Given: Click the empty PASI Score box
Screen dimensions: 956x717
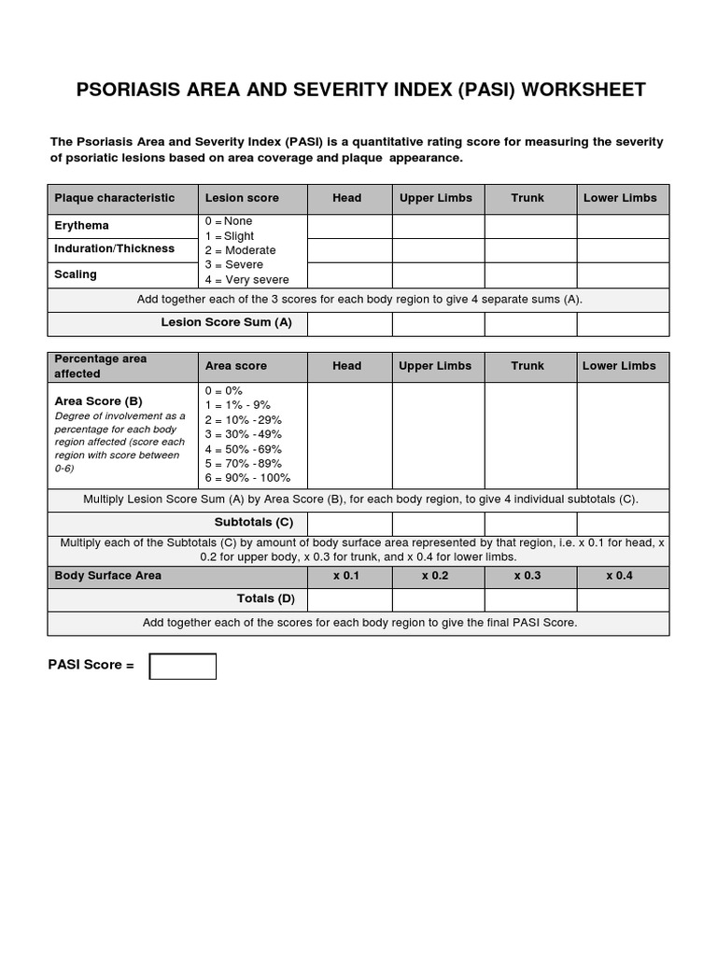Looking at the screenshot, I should [183, 666].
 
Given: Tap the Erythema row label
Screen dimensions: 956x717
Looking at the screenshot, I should [82, 226].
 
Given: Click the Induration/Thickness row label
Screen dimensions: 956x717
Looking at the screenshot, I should [114, 249].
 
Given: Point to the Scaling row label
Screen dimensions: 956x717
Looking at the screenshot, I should [76, 274].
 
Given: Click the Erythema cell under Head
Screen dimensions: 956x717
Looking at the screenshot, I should [349, 227].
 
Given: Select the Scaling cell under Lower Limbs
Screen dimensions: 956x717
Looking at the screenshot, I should [623, 275].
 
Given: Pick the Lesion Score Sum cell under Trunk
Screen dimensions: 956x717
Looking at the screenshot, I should [530, 323].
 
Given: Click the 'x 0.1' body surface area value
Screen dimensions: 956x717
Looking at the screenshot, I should [346, 576].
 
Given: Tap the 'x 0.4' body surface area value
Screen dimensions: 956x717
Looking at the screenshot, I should [620, 576].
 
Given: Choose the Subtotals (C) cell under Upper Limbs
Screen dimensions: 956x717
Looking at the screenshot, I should [438, 524].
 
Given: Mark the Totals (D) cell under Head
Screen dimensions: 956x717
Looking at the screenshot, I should [349, 599].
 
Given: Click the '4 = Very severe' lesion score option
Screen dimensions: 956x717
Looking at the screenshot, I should [247, 280].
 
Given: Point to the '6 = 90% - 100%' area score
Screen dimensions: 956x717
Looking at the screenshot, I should [247, 478].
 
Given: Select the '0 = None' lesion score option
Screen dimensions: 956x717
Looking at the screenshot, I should [230, 221].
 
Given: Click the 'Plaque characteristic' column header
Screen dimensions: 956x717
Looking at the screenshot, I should [115, 198].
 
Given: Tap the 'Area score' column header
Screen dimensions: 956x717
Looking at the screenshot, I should [236, 366].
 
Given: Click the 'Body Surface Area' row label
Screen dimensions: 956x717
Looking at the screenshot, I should [108, 576].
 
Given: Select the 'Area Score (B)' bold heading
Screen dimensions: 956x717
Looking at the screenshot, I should [99, 401].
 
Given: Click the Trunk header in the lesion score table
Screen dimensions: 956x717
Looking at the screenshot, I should [527, 198].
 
